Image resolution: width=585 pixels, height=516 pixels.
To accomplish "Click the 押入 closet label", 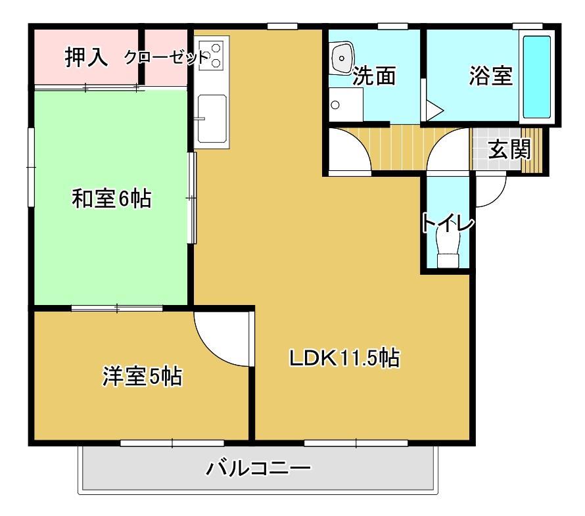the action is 87,57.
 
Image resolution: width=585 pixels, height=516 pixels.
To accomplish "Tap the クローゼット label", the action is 166,57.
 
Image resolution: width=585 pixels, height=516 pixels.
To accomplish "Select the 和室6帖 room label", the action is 112,199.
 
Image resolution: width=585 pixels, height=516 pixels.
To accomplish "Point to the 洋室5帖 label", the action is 142,376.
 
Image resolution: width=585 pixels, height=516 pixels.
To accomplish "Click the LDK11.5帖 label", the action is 344,358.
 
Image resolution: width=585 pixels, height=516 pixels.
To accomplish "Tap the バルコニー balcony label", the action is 258,468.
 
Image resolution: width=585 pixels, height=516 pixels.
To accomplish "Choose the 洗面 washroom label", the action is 374,76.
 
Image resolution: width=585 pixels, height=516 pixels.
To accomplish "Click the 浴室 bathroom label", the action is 491,76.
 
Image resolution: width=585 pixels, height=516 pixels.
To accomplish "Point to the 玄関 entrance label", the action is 509,149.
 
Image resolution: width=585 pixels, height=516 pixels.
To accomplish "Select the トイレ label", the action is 448,223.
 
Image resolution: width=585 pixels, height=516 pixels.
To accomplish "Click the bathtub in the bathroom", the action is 537,77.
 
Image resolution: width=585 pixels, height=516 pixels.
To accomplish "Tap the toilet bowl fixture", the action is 448,248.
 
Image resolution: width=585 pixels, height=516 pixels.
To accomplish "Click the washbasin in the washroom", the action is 341,58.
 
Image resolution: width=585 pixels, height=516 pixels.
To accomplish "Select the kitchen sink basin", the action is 212,118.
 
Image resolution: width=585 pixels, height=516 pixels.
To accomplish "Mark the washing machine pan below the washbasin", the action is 346,105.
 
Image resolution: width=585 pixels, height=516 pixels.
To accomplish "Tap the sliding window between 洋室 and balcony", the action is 172,443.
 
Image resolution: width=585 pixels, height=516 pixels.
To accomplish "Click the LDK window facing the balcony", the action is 356,443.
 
